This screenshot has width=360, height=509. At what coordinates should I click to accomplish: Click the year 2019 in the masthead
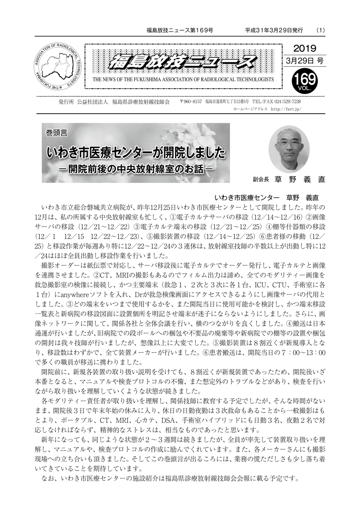coord(305,49)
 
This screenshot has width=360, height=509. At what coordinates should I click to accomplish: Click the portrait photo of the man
coord(289,149)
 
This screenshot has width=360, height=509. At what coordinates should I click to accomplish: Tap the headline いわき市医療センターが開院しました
coord(136,153)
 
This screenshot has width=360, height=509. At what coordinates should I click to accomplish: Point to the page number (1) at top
coord(320,30)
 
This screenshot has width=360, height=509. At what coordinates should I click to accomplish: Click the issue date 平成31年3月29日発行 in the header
coord(274,30)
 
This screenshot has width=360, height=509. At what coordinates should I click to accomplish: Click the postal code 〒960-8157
coord(190,102)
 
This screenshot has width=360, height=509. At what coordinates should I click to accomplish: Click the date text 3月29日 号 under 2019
coord(305,61)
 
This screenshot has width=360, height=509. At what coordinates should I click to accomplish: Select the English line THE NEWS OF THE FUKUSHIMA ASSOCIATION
coord(183,80)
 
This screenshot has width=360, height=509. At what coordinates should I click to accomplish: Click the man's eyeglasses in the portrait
coord(289,143)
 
